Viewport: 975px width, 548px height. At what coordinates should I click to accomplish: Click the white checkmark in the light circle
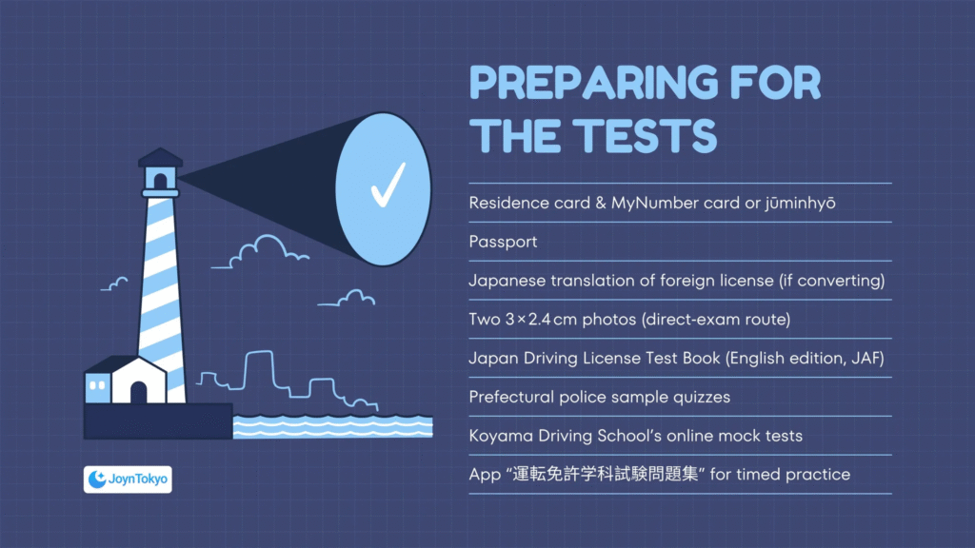pyautogui.click(x=388, y=185)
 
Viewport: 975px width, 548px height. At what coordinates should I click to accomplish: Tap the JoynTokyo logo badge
pyautogui.click(x=128, y=479)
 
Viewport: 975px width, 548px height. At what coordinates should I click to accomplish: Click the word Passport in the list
pyautogui.click(x=503, y=242)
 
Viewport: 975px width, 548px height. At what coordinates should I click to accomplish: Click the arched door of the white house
pyautogui.click(x=138, y=392)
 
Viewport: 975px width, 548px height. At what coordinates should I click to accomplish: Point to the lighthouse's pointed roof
pyautogui.click(x=160, y=157)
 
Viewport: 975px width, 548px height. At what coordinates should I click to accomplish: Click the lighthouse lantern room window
pyautogui.click(x=160, y=181)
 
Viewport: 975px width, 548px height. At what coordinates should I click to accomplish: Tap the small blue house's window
pyautogui.click(x=97, y=385)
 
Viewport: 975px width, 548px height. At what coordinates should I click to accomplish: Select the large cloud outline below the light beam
pyautogui.click(x=261, y=251)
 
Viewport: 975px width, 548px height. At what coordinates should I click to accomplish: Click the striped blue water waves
pyautogui.click(x=332, y=427)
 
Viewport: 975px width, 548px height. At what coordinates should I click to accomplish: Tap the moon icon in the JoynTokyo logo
pyautogui.click(x=97, y=479)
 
